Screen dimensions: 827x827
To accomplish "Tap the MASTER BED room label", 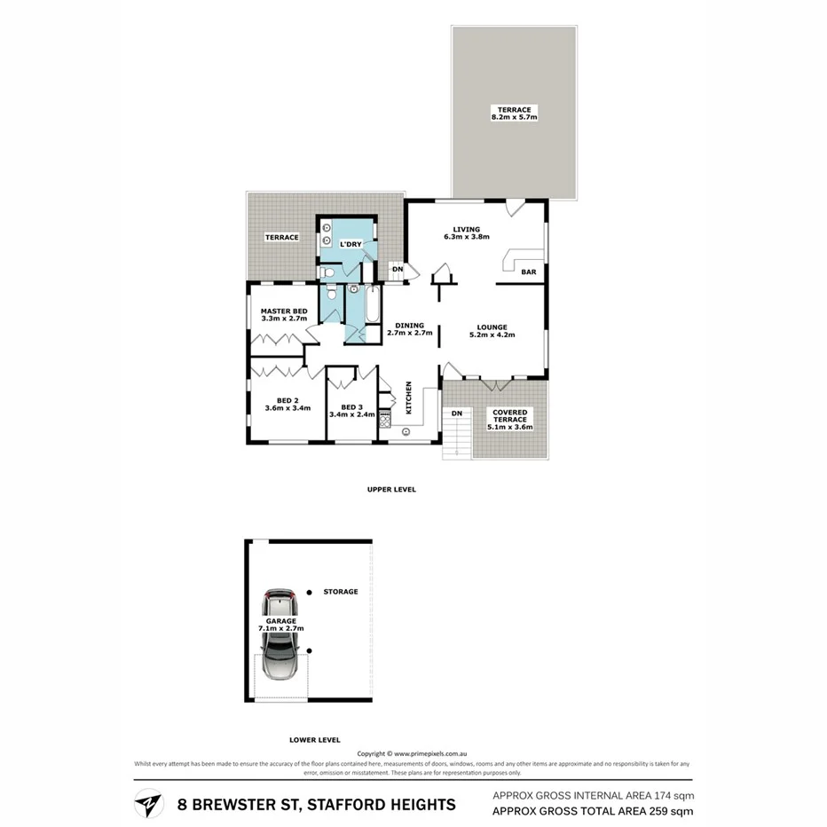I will coord(284,311).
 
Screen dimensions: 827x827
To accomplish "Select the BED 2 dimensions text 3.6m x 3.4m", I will coord(287,408).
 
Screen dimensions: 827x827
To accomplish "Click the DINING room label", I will coord(410,325).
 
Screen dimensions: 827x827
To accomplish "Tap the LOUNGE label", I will coord(492,327).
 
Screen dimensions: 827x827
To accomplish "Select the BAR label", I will coord(529,272).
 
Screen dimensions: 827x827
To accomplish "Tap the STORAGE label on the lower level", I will coord(341,592).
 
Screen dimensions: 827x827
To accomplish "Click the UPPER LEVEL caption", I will coord(391,489).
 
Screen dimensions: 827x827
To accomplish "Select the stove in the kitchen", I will coord(385,419).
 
